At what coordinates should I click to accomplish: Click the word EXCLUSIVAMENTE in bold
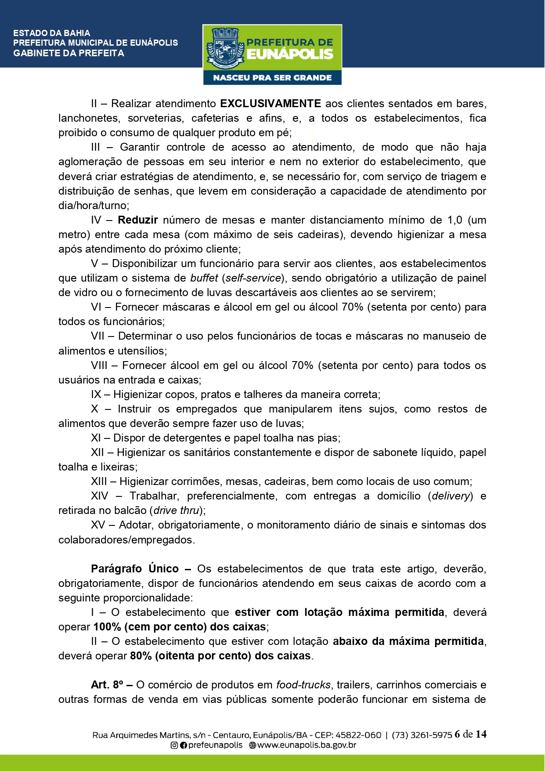coord(270,104)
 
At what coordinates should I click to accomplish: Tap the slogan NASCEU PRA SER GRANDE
coord(272,78)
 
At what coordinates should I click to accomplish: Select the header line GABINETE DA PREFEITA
coord(69,53)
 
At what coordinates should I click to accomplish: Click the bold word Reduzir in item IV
coord(137,220)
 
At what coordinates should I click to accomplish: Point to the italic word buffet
coord(204,278)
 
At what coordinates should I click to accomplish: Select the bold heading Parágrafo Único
coord(134,569)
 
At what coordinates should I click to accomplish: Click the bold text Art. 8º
coord(107,685)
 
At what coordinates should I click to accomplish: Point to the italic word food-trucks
coord(303,685)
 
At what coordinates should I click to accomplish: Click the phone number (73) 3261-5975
coord(422,735)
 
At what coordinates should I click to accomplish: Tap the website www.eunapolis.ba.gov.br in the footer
coord(306,746)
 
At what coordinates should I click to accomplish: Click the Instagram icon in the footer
coord(174,746)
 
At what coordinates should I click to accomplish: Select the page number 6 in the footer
coord(458,735)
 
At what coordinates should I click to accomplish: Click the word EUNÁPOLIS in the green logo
coord(290,54)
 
